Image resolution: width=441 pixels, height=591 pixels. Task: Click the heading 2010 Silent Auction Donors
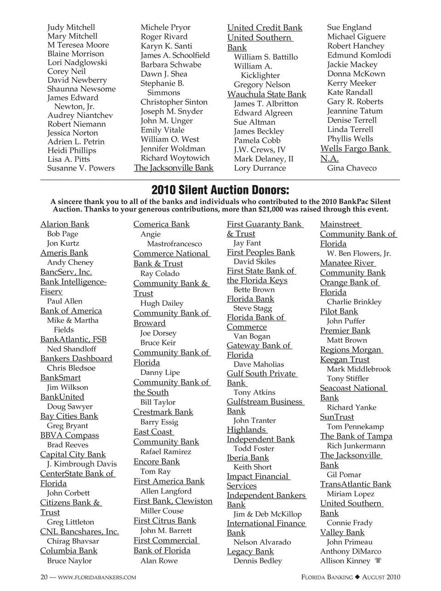[x=220, y=190]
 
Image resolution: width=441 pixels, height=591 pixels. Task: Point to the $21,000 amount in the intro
[x=269, y=209]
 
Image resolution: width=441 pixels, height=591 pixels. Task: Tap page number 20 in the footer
[x=44, y=577]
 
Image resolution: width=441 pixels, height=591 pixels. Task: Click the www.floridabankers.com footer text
[x=96, y=578]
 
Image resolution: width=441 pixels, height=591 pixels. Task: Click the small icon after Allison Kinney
[x=379, y=561]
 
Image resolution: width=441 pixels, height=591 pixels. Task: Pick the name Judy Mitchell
[x=71, y=27]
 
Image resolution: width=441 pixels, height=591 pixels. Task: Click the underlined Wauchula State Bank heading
[x=266, y=94]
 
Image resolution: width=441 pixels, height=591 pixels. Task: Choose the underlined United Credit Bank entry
[x=265, y=28]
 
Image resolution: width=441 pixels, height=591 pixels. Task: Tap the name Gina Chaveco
[x=351, y=168]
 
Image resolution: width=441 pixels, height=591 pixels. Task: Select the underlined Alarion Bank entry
[x=65, y=224]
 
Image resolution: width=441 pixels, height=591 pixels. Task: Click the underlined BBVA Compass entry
[x=69, y=435]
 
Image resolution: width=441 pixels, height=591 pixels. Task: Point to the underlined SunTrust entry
[x=337, y=417]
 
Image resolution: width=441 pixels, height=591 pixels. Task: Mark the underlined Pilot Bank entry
[x=339, y=311]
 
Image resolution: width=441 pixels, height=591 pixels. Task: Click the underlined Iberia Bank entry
[x=248, y=458]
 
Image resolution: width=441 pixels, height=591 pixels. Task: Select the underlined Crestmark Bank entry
[x=163, y=412]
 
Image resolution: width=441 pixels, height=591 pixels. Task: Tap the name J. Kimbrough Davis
[x=82, y=464]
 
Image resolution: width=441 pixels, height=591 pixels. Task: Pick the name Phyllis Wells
[x=350, y=138]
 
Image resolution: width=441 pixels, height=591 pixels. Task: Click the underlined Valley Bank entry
[x=342, y=532]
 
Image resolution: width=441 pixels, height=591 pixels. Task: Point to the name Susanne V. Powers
[x=81, y=168]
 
